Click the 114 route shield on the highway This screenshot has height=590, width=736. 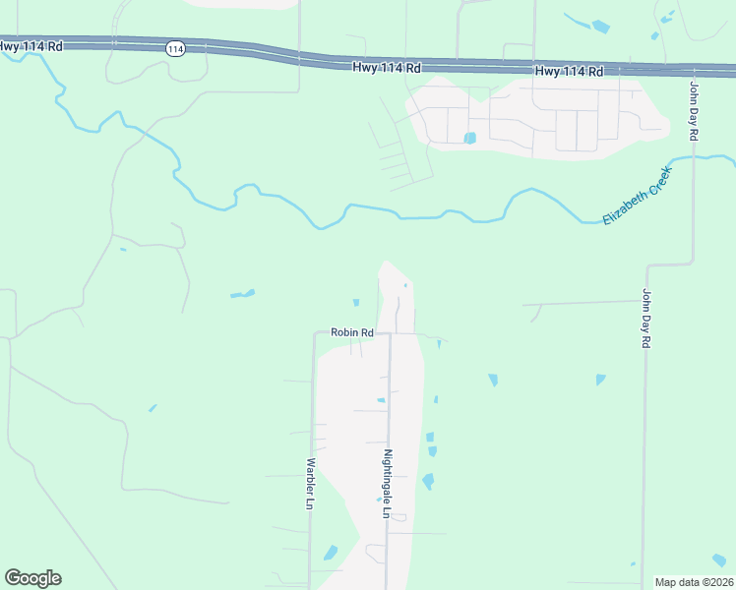(x=175, y=49)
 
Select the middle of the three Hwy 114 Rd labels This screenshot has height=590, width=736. (x=387, y=68)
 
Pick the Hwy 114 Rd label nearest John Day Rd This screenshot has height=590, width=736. (x=569, y=72)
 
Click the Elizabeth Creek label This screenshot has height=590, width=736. (x=637, y=196)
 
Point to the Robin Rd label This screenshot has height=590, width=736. (x=351, y=332)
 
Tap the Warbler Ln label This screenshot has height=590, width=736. (x=309, y=483)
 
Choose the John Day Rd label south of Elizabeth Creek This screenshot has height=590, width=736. (x=646, y=318)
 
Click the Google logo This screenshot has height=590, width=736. (x=32, y=577)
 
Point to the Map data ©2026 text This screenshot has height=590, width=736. (x=694, y=582)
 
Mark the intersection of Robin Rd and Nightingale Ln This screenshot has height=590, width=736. (x=390, y=333)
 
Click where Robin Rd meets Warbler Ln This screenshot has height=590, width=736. (x=315, y=333)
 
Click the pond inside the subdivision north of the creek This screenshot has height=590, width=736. (x=469, y=138)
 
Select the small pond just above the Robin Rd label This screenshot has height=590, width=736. (x=355, y=302)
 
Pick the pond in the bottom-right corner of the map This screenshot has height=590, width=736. (x=719, y=560)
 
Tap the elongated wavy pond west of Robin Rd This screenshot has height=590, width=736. (x=242, y=293)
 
